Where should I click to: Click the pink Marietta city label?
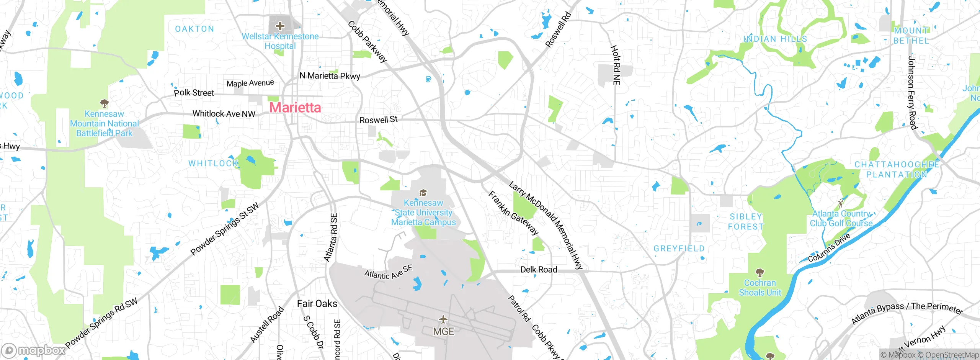(295, 108)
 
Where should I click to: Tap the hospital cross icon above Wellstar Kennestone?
(280, 26)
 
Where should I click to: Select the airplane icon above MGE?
(443, 319)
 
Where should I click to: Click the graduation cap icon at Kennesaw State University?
(423, 193)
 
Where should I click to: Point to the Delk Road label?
(539, 270)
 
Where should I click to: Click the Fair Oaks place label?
(317, 304)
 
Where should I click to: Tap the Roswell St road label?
(378, 120)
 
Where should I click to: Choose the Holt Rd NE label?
(615, 65)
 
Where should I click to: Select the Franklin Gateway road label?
(513, 213)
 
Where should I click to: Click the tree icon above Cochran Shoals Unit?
(759, 273)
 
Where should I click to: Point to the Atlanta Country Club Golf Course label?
(841, 218)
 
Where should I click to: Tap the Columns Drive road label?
(829, 248)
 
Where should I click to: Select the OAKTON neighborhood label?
(194, 29)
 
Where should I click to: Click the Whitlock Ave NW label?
(224, 114)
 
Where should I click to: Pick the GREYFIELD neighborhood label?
(679, 249)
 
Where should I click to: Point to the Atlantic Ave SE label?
(388, 272)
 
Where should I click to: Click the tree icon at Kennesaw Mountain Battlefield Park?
(104, 103)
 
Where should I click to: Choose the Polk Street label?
(194, 93)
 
